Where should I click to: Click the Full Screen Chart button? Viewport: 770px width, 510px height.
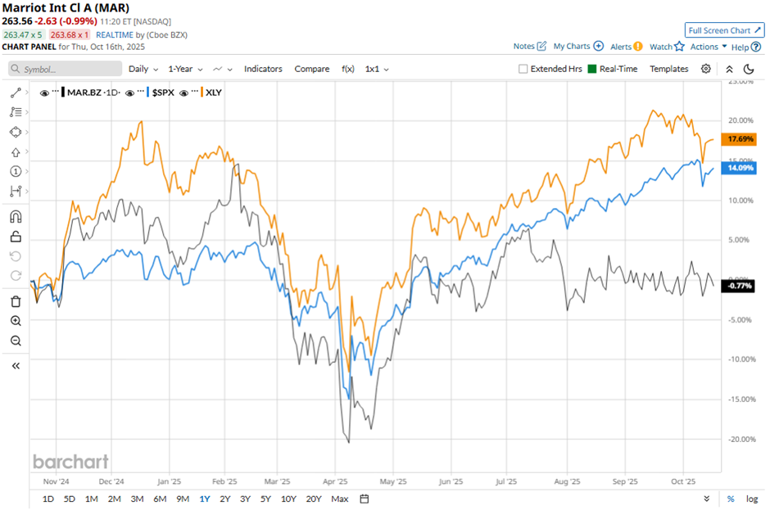[x=725, y=30]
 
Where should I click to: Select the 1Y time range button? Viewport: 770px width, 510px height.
[x=204, y=499]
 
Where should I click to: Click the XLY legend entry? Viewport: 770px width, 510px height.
[x=214, y=93]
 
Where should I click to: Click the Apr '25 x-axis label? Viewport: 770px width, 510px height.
[x=336, y=483]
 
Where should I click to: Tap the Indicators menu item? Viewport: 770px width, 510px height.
[x=263, y=69]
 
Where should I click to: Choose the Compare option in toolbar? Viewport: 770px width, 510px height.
[x=312, y=69]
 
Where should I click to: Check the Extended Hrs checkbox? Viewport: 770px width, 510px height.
[x=523, y=69]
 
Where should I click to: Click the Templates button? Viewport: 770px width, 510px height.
[x=669, y=69]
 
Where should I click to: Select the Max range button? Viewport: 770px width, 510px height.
[x=340, y=499]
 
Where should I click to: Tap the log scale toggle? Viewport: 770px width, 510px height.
[x=751, y=499]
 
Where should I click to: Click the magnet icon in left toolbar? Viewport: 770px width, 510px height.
[x=16, y=218]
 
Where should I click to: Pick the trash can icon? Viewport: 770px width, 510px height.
[x=16, y=301]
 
